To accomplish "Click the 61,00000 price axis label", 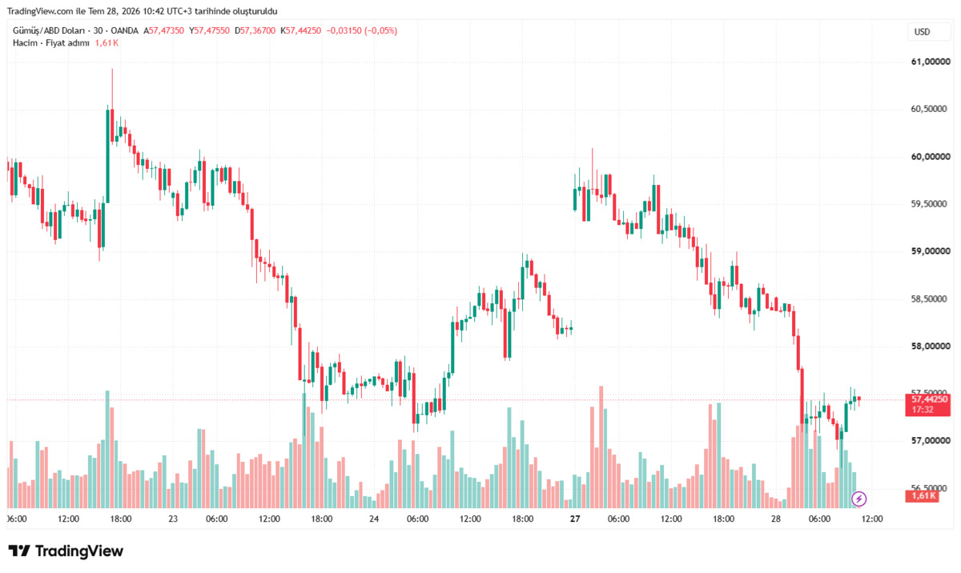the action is [x=931, y=62].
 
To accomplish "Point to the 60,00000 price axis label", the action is [x=931, y=157].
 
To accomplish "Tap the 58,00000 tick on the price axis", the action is [x=931, y=347].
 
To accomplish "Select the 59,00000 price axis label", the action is [x=931, y=251].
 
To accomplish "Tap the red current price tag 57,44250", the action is [x=927, y=405].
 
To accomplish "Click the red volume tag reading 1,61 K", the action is [x=922, y=496].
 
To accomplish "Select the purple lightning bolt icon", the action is [x=858, y=499].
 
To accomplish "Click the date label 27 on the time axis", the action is [x=575, y=519].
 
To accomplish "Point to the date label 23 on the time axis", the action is [x=173, y=519].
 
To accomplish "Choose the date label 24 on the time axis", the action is [x=374, y=519].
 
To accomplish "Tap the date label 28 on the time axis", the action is [x=776, y=519].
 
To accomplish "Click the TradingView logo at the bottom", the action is [x=66, y=551].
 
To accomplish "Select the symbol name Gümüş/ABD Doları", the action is [x=49, y=31].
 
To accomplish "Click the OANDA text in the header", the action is [x=124, y=31].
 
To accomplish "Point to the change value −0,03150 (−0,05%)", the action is [x=362, y=31].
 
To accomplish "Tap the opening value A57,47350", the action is [x=163, y=31].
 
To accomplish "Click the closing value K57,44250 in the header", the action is [x=301, y=31].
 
